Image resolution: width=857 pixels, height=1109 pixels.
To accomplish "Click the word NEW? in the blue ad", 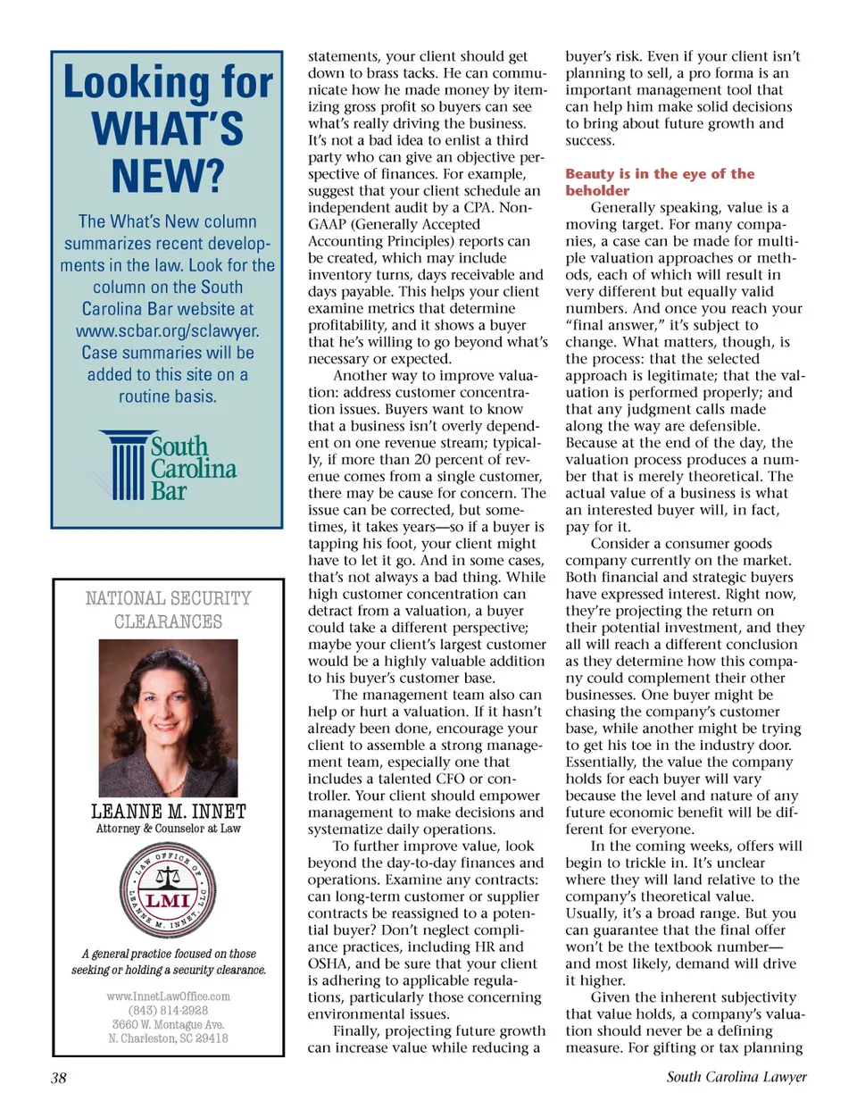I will (168, 175).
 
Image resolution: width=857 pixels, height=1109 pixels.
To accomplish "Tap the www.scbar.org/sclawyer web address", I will (168, 330).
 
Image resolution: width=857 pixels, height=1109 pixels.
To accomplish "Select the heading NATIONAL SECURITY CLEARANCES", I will (168, 610).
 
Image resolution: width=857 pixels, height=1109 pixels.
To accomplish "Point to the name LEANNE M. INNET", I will (168, 812).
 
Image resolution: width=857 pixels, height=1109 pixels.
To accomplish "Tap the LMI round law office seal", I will (168, 890).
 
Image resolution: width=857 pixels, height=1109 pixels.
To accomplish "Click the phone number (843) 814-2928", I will (168, 1011).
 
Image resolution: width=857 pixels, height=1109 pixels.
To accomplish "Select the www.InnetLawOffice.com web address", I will (168, 996).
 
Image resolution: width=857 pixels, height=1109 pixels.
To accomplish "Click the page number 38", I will (58, 1078).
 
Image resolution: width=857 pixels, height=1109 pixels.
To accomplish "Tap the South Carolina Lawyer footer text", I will (736, 1077).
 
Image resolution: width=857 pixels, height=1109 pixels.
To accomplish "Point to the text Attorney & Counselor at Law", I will (168, 829).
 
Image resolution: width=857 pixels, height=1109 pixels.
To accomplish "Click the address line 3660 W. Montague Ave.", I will (168, 1025).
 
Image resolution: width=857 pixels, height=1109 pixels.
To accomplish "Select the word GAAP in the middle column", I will (327, 224).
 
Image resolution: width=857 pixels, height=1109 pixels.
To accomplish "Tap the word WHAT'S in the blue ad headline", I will (168, 129).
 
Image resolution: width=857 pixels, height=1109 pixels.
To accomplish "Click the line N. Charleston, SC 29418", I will (168, 1038).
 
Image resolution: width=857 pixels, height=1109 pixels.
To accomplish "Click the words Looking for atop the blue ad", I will (168, 83).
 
